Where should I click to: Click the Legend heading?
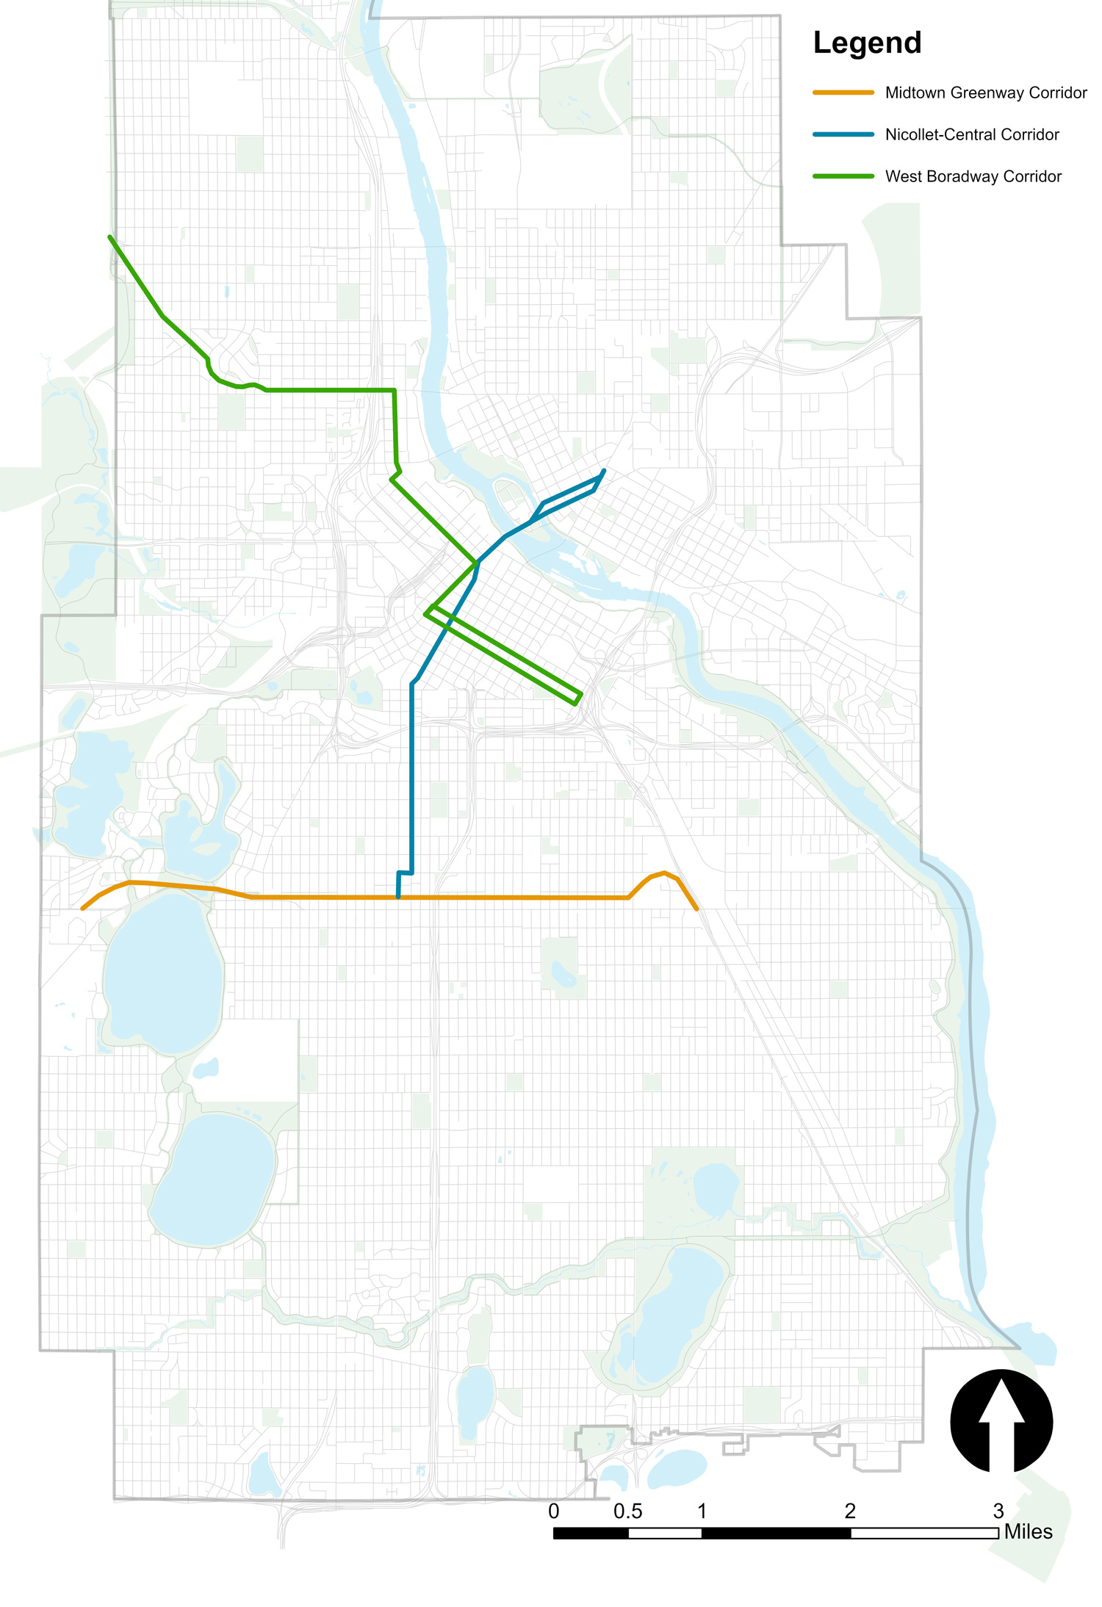click(867, 43)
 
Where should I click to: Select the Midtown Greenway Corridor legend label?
click(985, 93)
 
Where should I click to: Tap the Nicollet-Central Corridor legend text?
click(971, 134)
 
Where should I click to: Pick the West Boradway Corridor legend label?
click(973, 176)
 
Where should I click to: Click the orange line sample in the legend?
click(843, 93)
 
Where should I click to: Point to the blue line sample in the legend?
click(843, 134)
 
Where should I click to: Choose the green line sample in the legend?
click(843, 176)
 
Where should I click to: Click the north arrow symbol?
click(1001, 1420)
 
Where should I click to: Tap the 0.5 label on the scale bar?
click(627, 1512)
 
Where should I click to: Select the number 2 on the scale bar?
click(850, 1512)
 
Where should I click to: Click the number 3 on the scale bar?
click(998, 1512)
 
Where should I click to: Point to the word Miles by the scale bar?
click(1028, 1532)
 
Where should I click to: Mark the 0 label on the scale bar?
click(553, 1512)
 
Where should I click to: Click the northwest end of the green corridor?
click(110, 237)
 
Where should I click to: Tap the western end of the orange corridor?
click(82, 909)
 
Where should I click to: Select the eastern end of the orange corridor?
click(696, 909)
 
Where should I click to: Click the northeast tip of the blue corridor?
click(604, 471)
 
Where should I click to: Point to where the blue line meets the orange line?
click(398, 897)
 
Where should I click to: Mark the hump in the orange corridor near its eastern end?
click(664, 873)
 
